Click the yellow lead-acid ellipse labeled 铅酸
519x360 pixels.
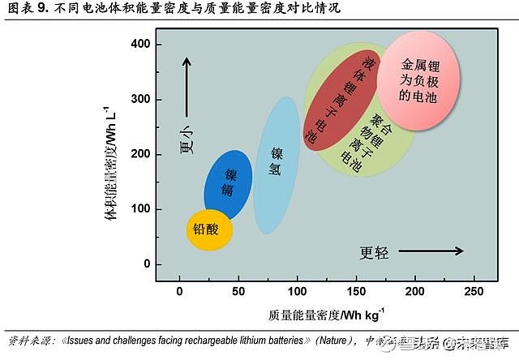tap(208, 229)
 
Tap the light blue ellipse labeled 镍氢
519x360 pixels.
tap(277, 166)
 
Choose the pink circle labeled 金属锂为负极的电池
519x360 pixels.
tap(418, 79)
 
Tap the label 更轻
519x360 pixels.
tap(374, 252)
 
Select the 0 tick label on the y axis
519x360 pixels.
tap(147, 264)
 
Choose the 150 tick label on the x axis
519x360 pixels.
tap(356, 291)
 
